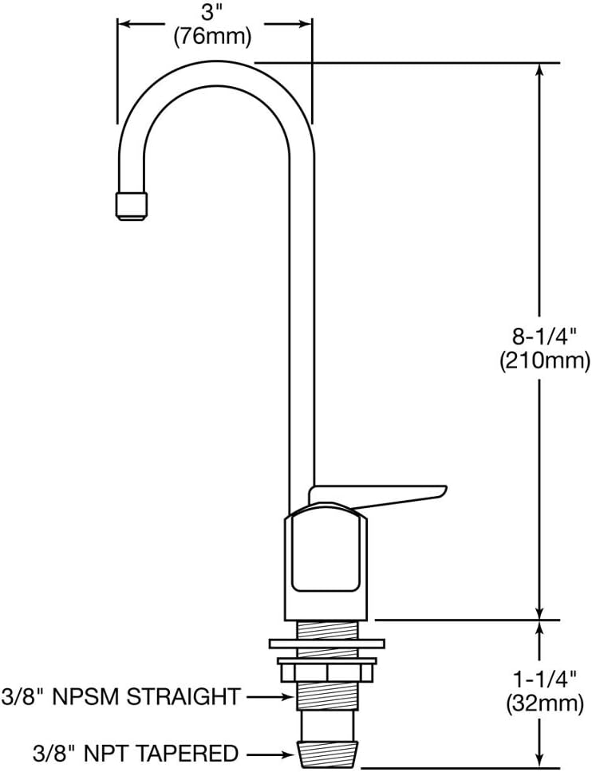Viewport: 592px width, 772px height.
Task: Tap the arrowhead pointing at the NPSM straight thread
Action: point(289,697)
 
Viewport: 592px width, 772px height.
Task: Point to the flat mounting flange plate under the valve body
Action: point(327,643)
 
